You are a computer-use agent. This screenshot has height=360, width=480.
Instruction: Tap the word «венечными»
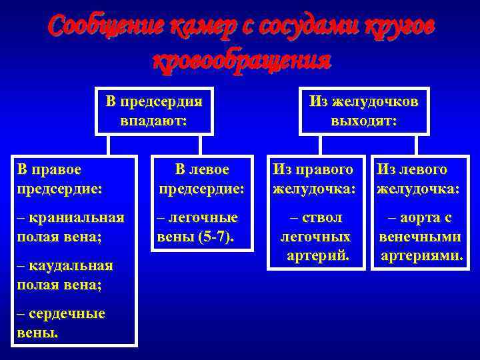point(420,237)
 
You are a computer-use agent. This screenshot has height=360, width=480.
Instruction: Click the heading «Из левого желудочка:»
point(418,179)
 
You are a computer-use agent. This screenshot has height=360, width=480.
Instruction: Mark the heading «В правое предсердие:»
point(61,179)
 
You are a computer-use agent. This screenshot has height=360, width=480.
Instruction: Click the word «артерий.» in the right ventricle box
point(316,255)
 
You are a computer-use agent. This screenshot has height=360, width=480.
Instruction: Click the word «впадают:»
point(154,121)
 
